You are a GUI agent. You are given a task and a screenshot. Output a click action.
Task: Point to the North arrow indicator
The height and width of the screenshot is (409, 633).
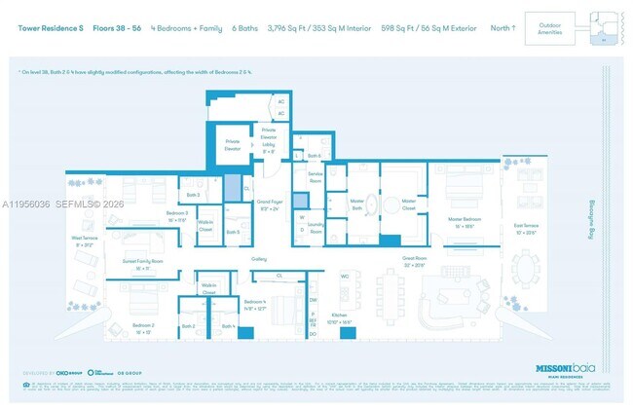(x=503, y=28)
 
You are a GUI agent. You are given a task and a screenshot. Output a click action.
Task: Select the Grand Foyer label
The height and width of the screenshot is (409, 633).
(x=270, y=205)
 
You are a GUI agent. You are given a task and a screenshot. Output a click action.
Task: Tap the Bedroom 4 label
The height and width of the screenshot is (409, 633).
(x=254, y=304)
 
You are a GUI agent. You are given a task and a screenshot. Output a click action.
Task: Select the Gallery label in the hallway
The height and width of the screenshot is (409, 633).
(x=258, y=259)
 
